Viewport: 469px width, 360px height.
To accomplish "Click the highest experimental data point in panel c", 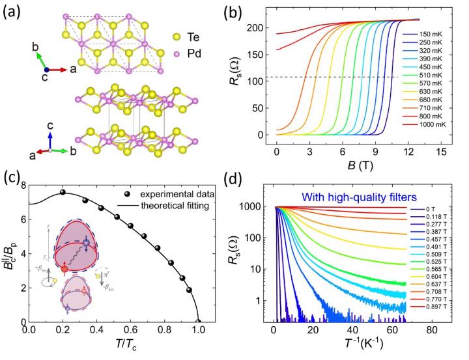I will click(x=63, y=192).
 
